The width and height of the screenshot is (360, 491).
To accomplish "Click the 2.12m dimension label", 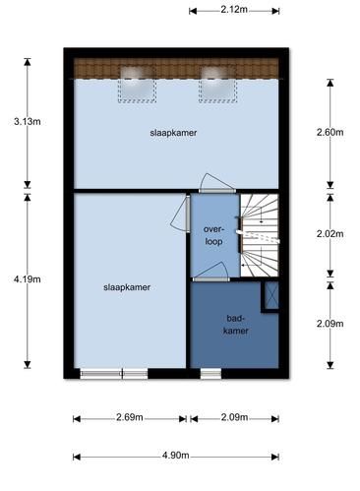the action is tap(234, 10).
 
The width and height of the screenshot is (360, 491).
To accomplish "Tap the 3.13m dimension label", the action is tap(28, 122).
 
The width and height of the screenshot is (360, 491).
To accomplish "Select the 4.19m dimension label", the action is tap(28, 279).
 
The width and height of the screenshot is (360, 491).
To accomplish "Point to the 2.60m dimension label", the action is tap(330, 132).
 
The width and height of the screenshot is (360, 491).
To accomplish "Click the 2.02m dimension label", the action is tap(330, 234).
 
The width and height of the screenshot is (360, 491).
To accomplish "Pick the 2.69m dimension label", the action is tap(130, 417).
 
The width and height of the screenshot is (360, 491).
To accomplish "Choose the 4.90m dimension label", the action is tap(176, 456).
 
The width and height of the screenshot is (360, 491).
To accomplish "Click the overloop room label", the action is tap(213, 235).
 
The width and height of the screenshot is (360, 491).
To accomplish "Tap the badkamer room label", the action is tap(236, 325).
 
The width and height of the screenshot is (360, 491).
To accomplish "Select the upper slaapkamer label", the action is tap(173, 133).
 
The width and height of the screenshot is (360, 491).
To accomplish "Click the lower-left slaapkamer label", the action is tap(127, 287).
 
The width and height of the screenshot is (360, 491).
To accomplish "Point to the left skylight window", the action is tap(137, 84).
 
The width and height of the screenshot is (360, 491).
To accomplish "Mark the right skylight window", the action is tap(217, 84).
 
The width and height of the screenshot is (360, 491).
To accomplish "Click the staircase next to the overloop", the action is tap(260, 235).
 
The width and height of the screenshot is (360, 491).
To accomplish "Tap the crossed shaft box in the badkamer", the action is tap(271, 295).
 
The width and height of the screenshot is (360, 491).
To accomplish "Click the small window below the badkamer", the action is tap(210, 374).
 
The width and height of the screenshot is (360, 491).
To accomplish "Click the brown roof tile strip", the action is tap(176, 69).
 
